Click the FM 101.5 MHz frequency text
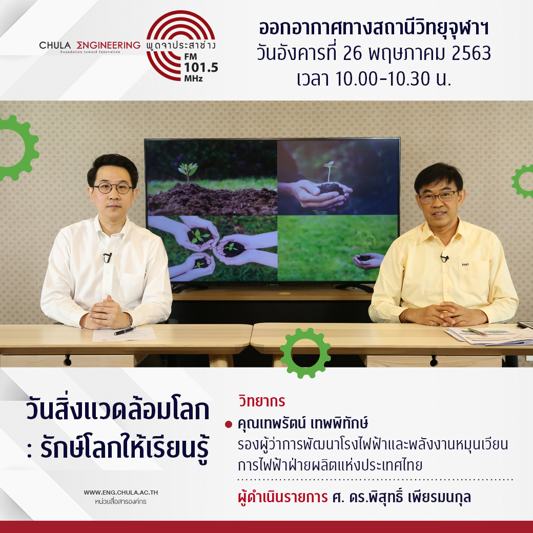coord(200,67)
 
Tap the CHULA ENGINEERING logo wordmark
coord(90,46)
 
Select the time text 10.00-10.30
coord(383,79)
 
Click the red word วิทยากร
coord(262,401)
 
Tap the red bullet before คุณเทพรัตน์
coord(229,424)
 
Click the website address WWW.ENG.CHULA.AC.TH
coord(120,492)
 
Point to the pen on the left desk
coord(124,331)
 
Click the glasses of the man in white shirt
coord(113,188)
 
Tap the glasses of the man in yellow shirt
coord(439,196)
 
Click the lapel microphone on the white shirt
coord(108,257)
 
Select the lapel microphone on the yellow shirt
coord(444,258)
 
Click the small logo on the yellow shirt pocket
coord(465,264)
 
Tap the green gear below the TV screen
coord(305,353)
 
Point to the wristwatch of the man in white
coord(131,319)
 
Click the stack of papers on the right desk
coord(489,335)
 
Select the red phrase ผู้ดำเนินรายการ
coord(283,497)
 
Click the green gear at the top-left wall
coord(16,148)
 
